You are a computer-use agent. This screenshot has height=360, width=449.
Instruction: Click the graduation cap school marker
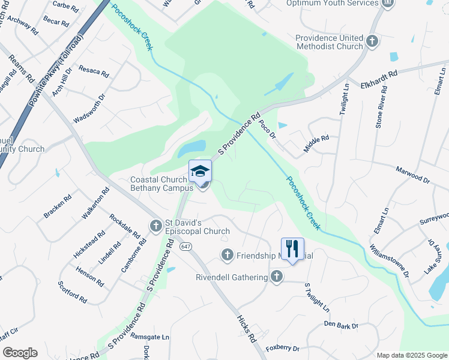tap(200, 171)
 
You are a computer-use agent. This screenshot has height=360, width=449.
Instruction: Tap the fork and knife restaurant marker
tap(292, 248)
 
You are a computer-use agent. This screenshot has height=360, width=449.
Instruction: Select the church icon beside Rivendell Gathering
tap(276, 277)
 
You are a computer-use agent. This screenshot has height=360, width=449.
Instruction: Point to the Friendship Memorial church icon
tap(228, 255)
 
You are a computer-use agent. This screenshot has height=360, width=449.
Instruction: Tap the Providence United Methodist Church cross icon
tap(372, 41)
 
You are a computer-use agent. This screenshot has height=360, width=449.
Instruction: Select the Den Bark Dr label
tap(340, 325)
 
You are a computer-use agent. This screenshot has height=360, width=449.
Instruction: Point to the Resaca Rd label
tap(94, 71)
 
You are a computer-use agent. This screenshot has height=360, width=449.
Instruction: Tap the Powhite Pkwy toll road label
tap(56, 68)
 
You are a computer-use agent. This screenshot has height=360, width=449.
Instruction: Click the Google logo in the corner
tap(20, 353)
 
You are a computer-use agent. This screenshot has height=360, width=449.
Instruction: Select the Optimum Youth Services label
tap(332, 3)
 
